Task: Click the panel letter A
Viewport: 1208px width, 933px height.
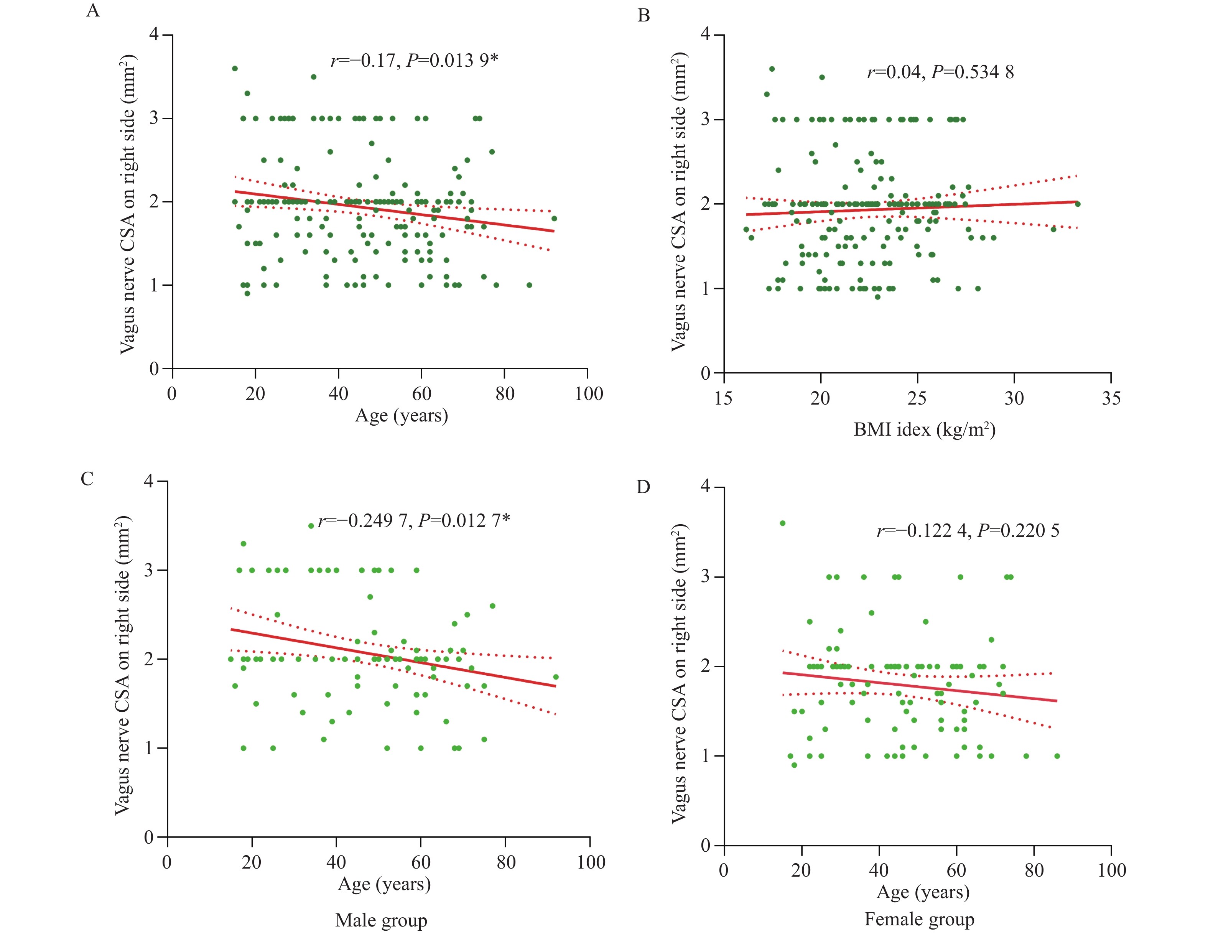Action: point(93,10)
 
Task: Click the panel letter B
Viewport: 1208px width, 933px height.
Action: point(643,15)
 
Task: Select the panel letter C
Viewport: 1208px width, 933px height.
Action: point(87,479)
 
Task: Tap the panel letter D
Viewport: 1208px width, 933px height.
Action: point(643,487)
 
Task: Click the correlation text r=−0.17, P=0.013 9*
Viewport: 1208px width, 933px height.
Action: point(414,60)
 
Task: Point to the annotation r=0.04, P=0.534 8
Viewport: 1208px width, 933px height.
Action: point(940,72)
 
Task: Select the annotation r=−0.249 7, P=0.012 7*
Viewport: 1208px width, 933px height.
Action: point(414,520)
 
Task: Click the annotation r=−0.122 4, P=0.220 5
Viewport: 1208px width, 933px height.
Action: point(968,531)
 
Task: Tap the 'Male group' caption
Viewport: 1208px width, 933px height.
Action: point(381,920)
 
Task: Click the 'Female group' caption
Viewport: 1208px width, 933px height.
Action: point(919,919)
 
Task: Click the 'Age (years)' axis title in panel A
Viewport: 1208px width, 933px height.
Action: point(401,415)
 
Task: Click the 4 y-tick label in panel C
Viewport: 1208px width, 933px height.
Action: point(149,481)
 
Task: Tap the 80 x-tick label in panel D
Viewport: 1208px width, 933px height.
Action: point(1034,870)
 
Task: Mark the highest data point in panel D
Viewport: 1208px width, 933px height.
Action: point(783,523)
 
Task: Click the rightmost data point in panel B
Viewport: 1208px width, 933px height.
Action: point(1078,204)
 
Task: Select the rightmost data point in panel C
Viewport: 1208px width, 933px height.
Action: point(556,677)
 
